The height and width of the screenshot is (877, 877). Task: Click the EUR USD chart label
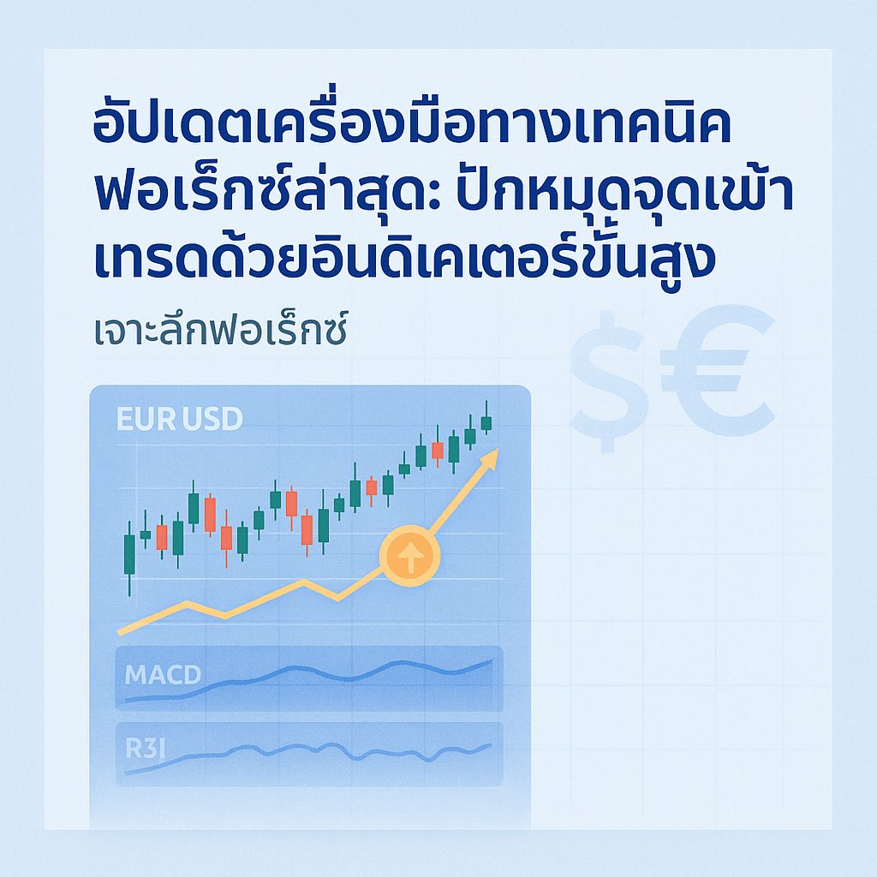coord(179,420)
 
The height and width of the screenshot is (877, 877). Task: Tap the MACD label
coord(162,674)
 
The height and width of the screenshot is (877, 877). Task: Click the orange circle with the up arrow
coord(409,555)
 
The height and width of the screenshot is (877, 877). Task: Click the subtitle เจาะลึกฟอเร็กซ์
coord(219,331)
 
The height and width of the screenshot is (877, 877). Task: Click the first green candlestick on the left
coord(129,554)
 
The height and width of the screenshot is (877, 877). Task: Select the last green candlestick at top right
coord(486,422)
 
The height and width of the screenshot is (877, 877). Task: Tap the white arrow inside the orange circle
coord(409,555)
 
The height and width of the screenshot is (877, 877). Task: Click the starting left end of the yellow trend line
coord(120,631)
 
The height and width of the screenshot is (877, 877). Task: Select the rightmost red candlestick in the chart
coord(438,450)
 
